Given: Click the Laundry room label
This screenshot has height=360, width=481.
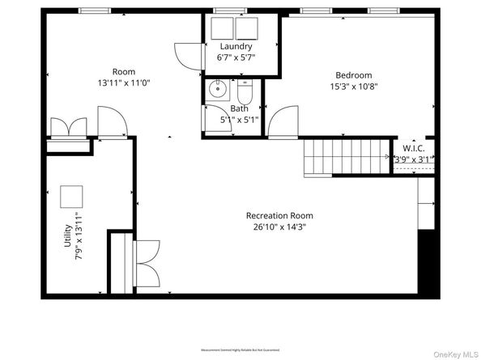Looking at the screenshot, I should (x=236, y=46).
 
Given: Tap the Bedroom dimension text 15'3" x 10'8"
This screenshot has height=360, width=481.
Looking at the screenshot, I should (x=353, y=87).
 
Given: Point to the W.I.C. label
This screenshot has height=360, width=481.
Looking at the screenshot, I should (x=413, y=148).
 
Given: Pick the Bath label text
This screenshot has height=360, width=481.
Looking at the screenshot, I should (x=239, y=108).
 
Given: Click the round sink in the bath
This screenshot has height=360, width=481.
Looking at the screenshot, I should (x=217, y=90).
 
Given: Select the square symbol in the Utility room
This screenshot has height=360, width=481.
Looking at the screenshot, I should (x=71, y=197).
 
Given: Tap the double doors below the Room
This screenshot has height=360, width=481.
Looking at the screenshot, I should (x=68, y=128).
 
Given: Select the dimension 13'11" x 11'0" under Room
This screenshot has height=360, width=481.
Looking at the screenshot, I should (x=123, y=83).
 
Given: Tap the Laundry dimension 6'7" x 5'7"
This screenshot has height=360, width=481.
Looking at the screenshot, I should (x=236, y=58).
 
